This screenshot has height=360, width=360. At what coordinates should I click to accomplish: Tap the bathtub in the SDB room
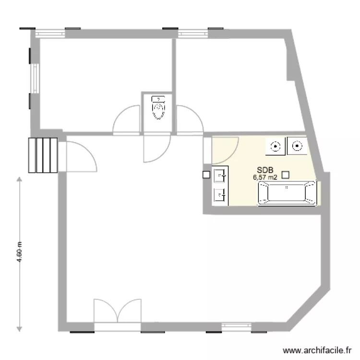click(287, 193)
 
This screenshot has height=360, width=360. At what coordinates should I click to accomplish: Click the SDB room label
click(264, 170)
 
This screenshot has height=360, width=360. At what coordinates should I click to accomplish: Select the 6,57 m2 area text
click(265, 177)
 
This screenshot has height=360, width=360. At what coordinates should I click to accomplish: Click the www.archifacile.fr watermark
click(317, 350)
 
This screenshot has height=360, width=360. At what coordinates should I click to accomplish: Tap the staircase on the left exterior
click(43, 155)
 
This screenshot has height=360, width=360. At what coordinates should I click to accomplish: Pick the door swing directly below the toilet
click(156, 147)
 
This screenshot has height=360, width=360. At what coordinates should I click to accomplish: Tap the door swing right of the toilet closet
click(189, 120)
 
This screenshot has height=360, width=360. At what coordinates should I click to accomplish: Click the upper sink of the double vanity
click(220, 176)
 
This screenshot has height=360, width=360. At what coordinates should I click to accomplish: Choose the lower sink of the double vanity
click(220, 194)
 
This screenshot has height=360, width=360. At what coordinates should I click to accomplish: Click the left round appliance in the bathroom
click(275, 146)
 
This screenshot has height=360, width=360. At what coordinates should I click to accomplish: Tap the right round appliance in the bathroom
click(297, 145)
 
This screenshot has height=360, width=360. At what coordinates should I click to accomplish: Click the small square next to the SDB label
click(285, 175)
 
